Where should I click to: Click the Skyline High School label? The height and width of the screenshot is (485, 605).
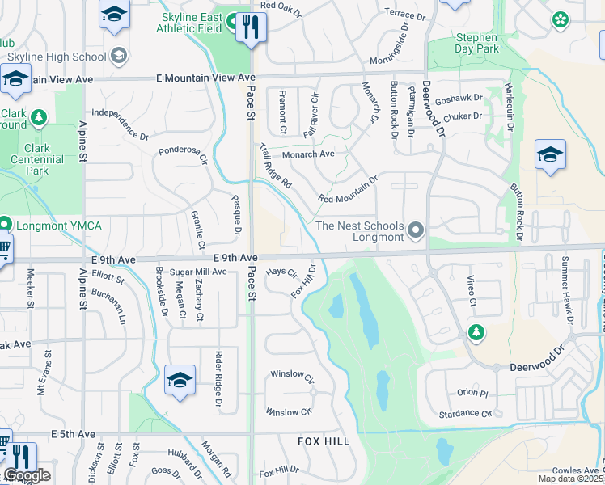pos(56,57)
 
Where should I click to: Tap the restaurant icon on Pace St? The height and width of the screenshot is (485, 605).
pos(251,28)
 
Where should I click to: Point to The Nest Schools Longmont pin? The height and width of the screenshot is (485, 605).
pos(417,232)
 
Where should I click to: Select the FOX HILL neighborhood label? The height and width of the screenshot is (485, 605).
pos(324,441)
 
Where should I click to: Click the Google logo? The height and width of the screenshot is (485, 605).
pos(27,475)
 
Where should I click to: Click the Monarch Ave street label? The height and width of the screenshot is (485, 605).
pos(308,154)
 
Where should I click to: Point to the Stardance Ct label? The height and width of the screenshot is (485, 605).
pos(464,414)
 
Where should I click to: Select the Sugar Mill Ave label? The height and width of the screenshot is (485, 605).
pos(198,272)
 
